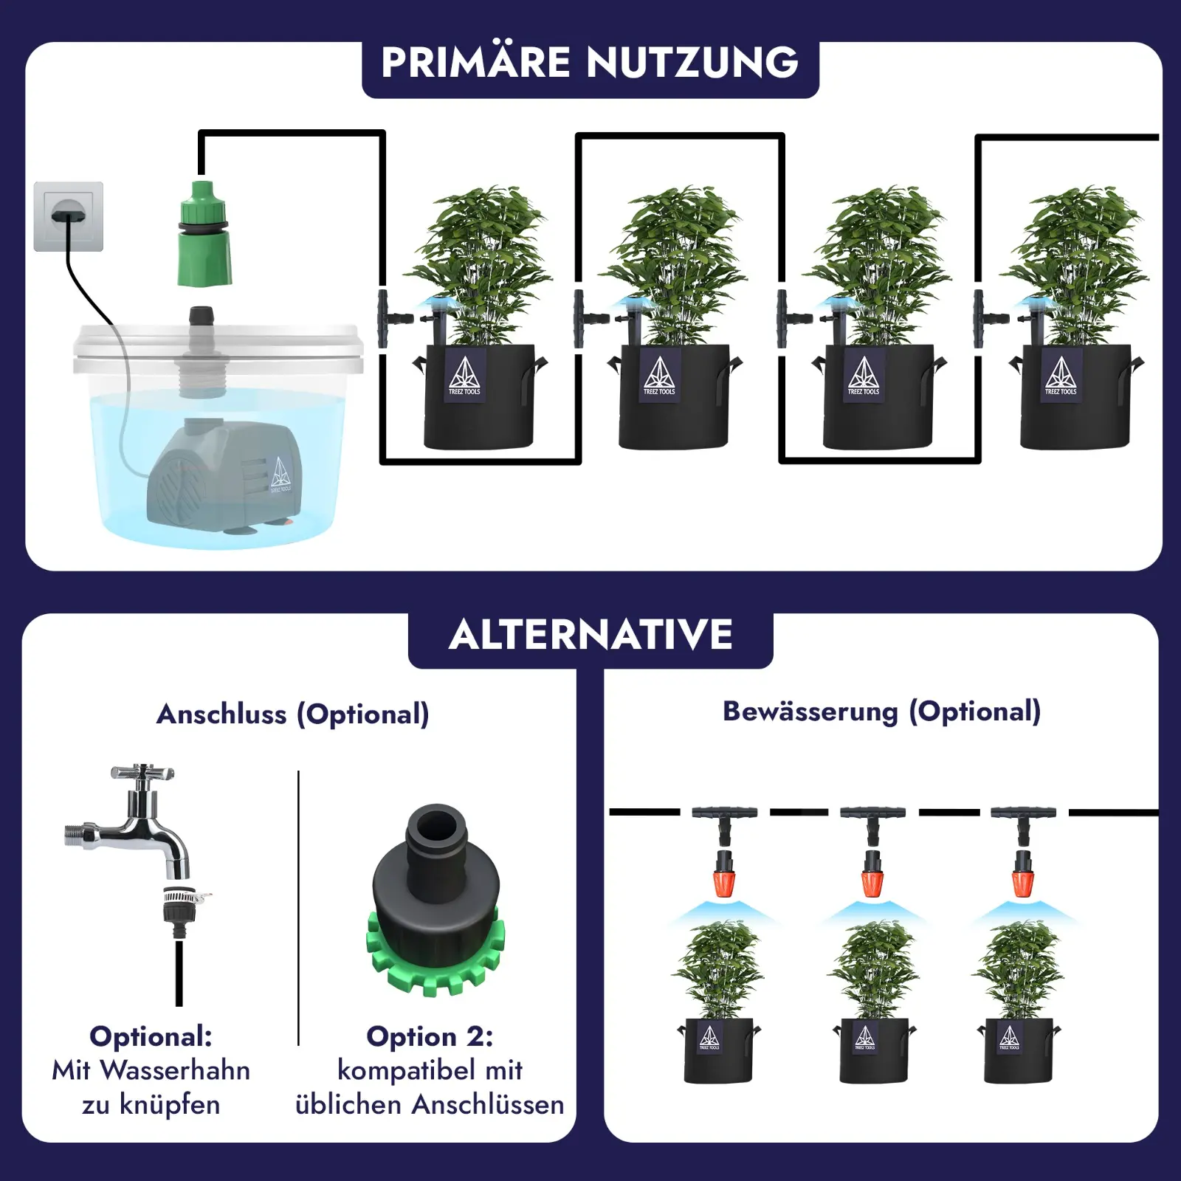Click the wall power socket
click(x=68, y=216)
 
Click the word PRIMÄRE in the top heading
click(x=475, y=62)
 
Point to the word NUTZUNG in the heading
click(x=692, y=62)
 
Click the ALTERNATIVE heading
click(x=590, y=635)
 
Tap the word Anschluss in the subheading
click(x=221, y=714)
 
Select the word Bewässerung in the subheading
click(x=810, y=711)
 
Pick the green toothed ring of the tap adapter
click(x=435, y=960)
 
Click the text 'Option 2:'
click(x=430, y=1036)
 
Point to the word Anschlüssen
click(x=488, y=1105)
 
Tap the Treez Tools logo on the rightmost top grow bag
click(x=1060, y=375)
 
